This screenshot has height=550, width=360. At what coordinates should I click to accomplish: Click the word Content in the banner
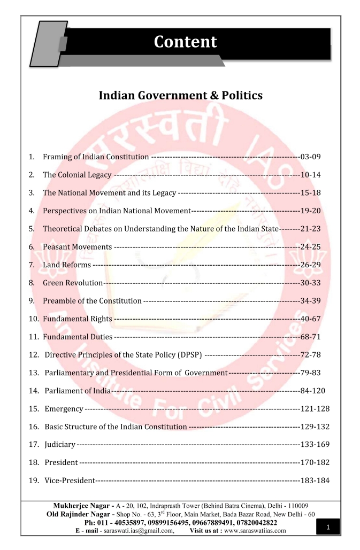[x=185, y=42]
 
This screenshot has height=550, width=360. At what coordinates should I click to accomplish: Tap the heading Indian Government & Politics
[x=181, y=96]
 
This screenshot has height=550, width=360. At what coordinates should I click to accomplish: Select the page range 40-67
[x=310, y=319]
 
